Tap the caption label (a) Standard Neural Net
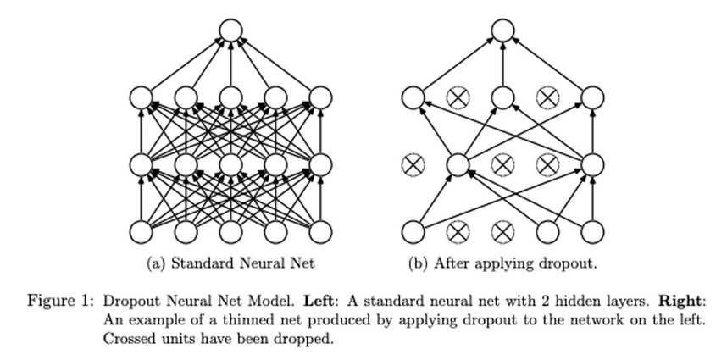(230, 263)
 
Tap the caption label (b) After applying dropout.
(502, 263)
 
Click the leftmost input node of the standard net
(141, 230)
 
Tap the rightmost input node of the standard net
(320, 230)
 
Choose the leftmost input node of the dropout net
(413, 230)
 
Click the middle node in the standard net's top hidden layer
(230, 98)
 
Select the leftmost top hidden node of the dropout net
(413, 98)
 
